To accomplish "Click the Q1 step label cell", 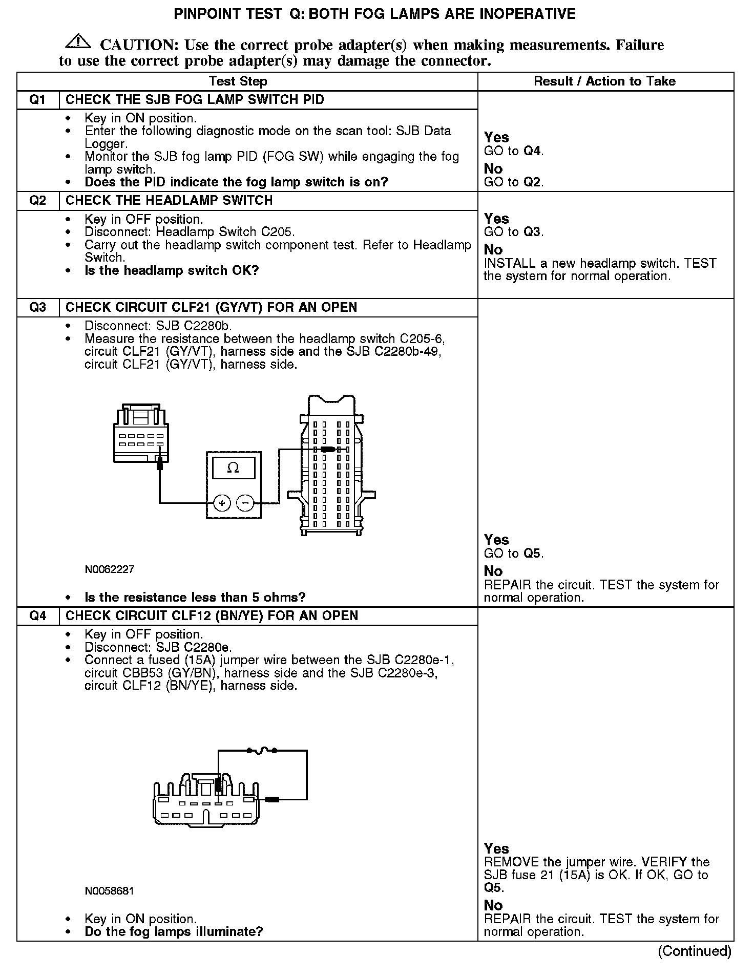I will pyautogui.click(x=38, y=99).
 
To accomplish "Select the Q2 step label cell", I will pyautogui.click(x=38, y=200).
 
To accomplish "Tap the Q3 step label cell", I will pyautogui.click(x=38, y=307).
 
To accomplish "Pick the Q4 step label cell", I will pyautogui.click(x=38, y=615).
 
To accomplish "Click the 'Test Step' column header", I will pyautogui.click(x=238, y=81).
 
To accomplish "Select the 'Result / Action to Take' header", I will pyautogui.click(x=604, y=81).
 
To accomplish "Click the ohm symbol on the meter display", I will pyautogui.click(x=233, y=467).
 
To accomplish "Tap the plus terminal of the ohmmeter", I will pyautogui.click(x=222, y=503).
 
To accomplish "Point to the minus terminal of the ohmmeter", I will pyautogui.click(x=245, y=503).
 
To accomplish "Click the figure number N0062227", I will pyautogui.click(x=110, y=569).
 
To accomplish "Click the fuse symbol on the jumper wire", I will pyautogui.click(x=262, y=751).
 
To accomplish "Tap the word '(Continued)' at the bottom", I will pyautogui.click(x=695, y=951).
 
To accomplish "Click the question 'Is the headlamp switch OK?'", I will pyautogui.click(x=172, y=270).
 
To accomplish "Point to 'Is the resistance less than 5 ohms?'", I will pyautogui.click(x=195, y=597).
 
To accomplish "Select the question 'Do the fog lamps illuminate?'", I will pyautogui.click(x=174, y=931).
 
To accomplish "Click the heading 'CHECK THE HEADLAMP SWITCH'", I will pyautogui.click(x=169, y=200).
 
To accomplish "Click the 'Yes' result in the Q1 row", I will pyautogui.click(x=496, y=137).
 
